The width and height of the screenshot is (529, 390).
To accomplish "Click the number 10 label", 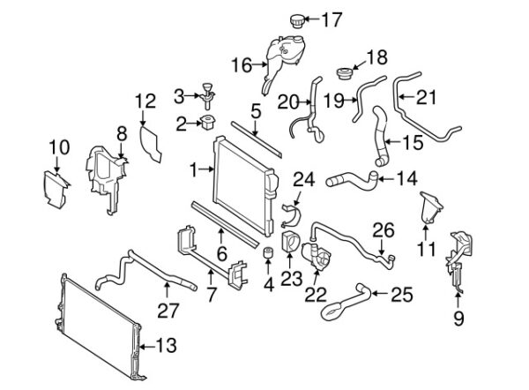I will [58, 146].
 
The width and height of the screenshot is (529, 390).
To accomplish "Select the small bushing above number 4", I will [265, 257].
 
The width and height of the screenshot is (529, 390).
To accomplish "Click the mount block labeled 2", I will [209, 122].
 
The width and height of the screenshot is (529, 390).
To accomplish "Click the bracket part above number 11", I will [431, 208].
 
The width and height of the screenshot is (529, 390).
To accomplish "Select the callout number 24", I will [302, 180].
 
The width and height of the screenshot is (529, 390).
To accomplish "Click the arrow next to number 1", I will [205, 166].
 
